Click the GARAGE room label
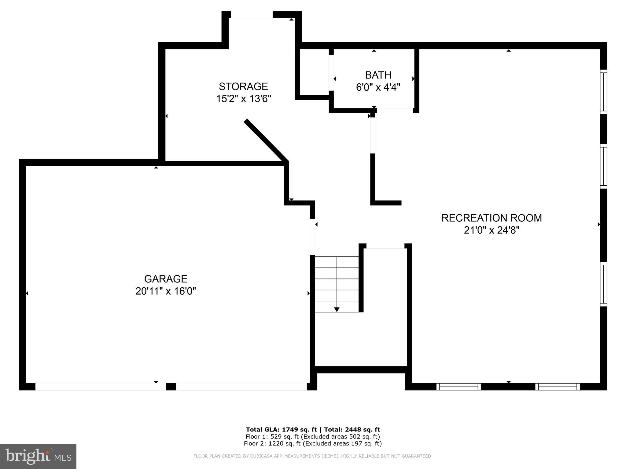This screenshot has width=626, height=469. point(166,279)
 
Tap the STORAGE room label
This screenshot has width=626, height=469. point(243,86)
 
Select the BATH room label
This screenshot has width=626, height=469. point(378,75)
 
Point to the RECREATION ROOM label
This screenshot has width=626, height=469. point(492,218)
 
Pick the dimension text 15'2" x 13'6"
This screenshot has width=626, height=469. point(244,99)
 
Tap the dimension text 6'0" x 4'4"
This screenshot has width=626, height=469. point(378,87)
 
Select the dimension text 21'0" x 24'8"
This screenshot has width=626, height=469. point(492,230)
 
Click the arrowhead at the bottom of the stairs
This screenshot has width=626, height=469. point(337,309)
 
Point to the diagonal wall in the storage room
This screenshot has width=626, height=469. point(266,141)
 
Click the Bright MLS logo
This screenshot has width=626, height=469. point(38,456)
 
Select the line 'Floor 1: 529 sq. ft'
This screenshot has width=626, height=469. point(313,437)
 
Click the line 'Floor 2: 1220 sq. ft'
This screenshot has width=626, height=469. point(313,444)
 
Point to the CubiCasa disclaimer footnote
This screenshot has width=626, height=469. point(313,456)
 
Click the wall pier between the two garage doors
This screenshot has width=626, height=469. point(171,387)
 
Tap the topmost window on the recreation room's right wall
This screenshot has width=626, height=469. point(603,92)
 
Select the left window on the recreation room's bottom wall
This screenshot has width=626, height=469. point(458,387)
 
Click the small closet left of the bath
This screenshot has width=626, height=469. point(314,72)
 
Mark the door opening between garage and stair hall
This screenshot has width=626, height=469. point(312,237)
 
